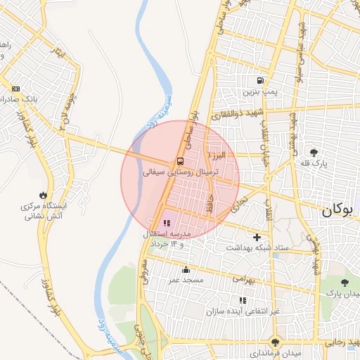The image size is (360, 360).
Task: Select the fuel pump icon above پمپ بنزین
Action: pyautogui.click(x=262, y=81)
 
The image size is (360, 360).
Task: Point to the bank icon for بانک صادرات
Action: pyautogui.click(x=15, y=89)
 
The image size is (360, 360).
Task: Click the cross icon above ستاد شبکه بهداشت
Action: pyautogui.click(x=257, y=237)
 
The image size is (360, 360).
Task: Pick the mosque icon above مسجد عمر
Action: pyautogui.click(x=186, y=270)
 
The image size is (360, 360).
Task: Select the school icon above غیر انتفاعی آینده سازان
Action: pyautogui.click(x=243, y=300)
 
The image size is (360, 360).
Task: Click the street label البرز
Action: pyautogui.click(x=215, y=154)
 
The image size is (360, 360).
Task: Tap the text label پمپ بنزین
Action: pyautogui.click(x=262, y=92)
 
